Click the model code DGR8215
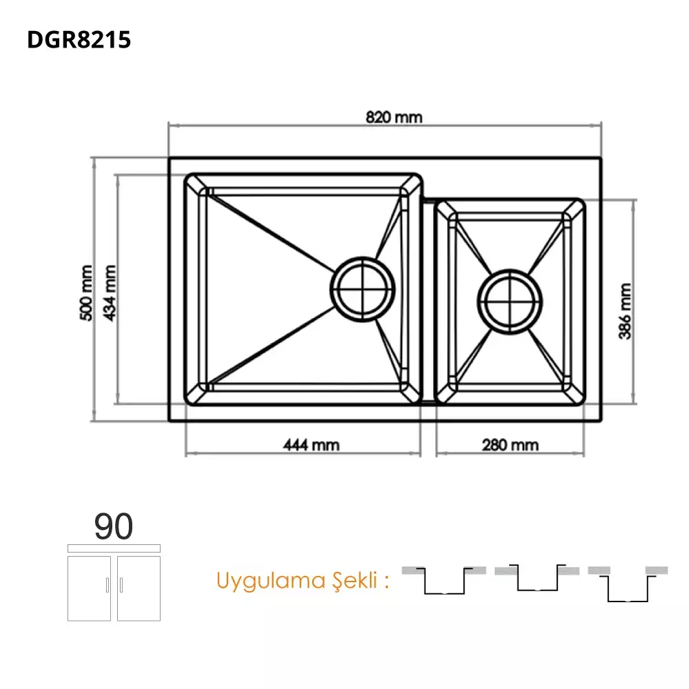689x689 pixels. [79, 40]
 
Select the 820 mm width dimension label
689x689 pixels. [393, 117]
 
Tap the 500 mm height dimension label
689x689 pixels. [86, 292]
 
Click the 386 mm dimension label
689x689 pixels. [625, 311]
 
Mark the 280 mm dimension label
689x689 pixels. [511, 445]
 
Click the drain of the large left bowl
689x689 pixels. [364, 289]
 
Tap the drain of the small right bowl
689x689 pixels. [511, 301]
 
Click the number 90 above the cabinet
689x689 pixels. [114, 527]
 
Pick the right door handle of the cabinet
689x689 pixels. [121, 585]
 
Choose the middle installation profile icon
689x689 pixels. [538, 579]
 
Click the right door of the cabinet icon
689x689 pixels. [138, 587]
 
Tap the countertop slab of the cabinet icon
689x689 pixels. [114, 548]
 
